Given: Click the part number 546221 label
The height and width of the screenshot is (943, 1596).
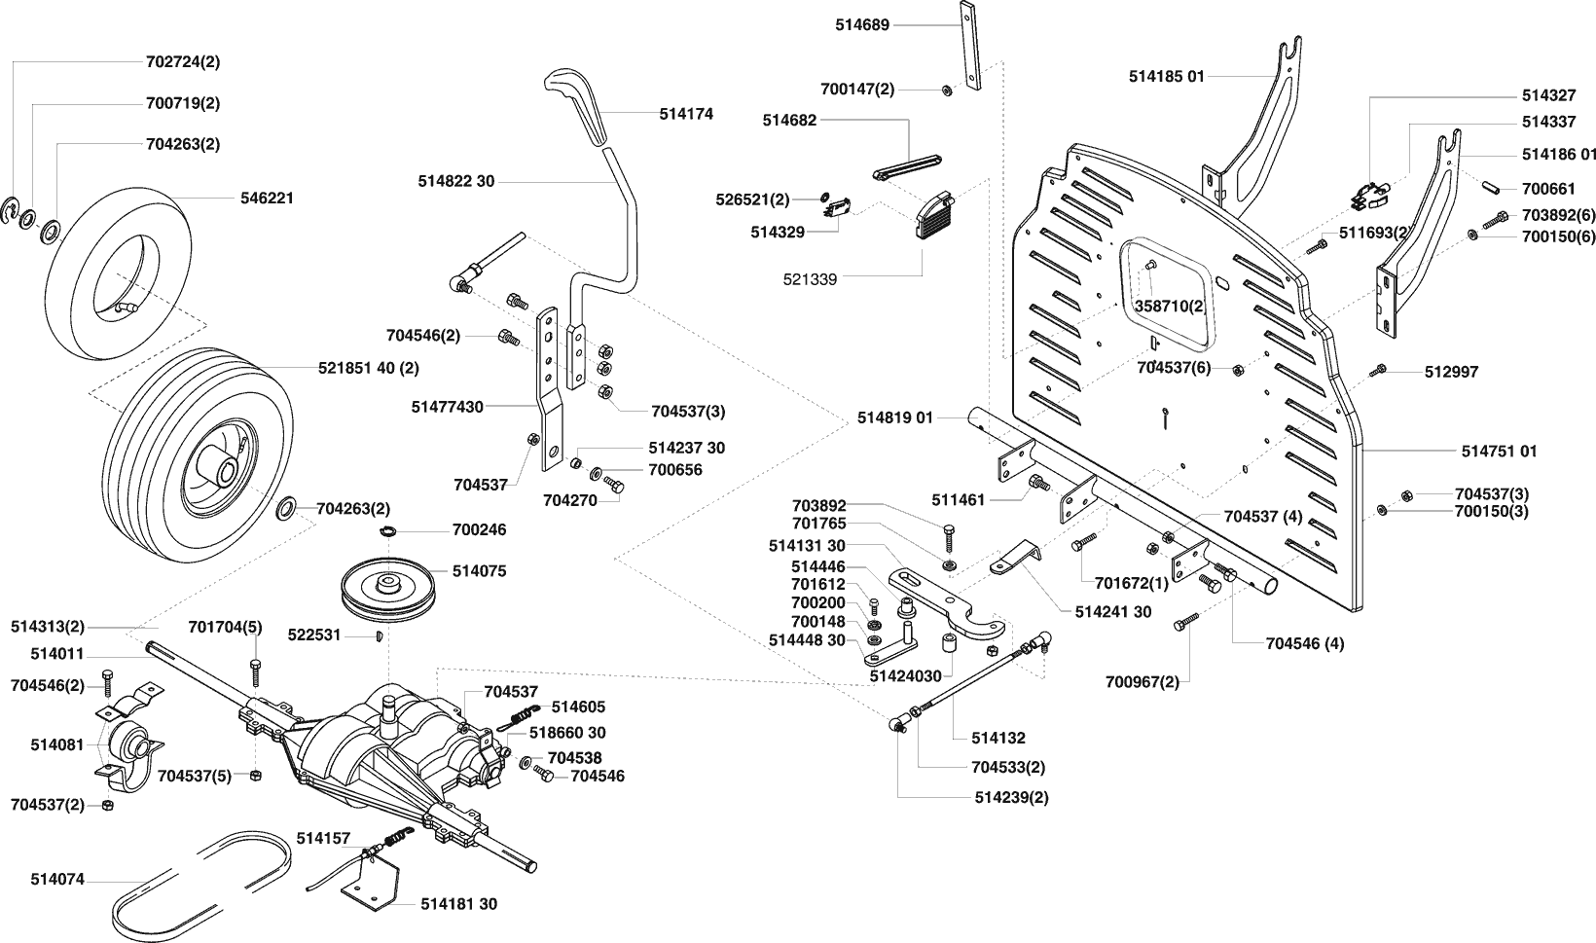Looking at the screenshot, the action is (268, 198).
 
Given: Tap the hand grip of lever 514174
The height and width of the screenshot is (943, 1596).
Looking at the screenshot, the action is (576, 103).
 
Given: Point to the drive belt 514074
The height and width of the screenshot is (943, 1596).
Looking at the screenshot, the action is (201, 885).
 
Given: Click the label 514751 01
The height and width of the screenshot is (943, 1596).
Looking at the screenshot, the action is (1499, 451).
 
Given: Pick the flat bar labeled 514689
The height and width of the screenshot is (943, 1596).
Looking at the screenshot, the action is (969, 46).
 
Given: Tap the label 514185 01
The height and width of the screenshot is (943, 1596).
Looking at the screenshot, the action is (1167, 76).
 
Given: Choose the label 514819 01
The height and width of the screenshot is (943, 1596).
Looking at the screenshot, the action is (895, 417).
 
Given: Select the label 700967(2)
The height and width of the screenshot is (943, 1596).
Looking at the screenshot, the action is (1143, 682).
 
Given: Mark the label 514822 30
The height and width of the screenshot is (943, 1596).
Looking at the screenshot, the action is (456, 182).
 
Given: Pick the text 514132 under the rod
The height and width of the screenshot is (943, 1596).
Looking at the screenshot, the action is (998, 738).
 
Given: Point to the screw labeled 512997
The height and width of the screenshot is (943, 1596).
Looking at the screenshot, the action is (1377, 371).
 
